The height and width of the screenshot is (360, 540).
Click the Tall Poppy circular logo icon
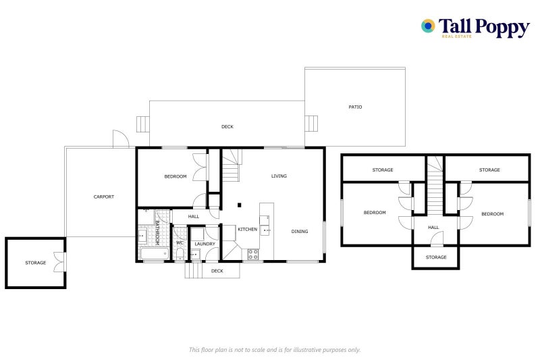click(428, 26)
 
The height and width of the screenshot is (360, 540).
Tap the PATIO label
click(355, 107)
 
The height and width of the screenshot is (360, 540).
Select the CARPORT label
click(103, 197)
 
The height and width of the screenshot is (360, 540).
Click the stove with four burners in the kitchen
click(253, 255)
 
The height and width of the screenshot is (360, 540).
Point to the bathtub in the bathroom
click(154, 254)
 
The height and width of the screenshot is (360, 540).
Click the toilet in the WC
click(180, 254)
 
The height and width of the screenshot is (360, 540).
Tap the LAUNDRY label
click(205, 244)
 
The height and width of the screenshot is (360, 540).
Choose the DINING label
click(300, 232)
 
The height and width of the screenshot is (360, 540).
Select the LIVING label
click(279, 176)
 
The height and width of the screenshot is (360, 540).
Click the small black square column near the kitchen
click(239, 205)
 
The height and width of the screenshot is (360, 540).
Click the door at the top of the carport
click(121, 139)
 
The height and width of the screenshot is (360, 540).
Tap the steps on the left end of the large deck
click(142, 124)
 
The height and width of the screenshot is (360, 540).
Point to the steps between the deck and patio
click(311, 124)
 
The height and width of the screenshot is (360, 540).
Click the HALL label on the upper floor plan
click(433, 228)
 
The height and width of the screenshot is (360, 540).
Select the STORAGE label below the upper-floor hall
click(436, 257)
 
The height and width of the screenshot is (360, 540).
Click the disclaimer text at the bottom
click(274, 349)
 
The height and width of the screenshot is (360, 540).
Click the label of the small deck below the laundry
click(217, 271)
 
